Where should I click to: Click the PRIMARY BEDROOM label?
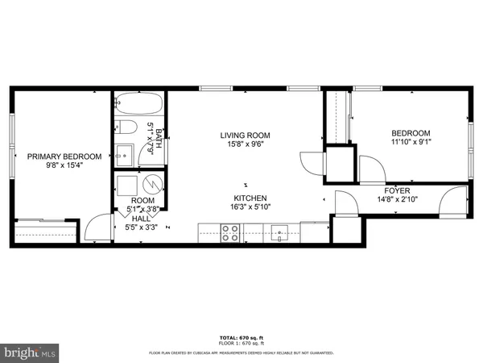[64, 156]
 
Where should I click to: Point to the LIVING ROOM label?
[246, 135]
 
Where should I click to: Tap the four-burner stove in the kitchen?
[230, 232]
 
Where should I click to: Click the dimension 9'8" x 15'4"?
[64, 165]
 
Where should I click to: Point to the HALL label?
[141, 219]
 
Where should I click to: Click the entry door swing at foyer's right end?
[455, 200]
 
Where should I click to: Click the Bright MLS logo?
[30, 352]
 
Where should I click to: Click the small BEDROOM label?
[411, 134]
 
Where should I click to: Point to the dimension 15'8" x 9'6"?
[246, 144]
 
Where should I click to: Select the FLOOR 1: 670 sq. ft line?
[241, 342]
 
